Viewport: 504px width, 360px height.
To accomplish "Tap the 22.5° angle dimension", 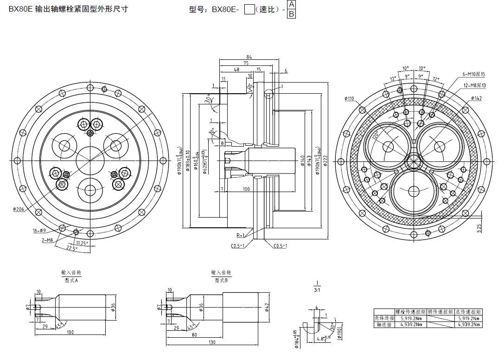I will coord(71,248).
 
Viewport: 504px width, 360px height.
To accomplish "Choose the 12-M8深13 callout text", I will coord(474,85).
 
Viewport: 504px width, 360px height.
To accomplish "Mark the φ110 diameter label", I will coord(350,98).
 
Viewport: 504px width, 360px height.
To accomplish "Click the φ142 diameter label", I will coord(476,98).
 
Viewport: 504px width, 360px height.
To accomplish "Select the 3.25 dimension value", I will coord(479,228).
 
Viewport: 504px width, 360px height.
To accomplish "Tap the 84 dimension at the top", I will coord(249,57).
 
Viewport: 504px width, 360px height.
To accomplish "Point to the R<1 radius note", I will coord(241,236).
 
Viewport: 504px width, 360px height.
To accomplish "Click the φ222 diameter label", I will coord(325,160).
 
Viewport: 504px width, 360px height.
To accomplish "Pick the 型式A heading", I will coord(71,281).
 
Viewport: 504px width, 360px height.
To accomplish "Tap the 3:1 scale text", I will coord(318,290).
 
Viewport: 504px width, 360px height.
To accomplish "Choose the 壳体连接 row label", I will coord(384,318).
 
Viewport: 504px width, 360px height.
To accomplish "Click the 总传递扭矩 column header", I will coord(469,312).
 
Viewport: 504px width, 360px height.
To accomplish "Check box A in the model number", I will coord(291,4).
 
